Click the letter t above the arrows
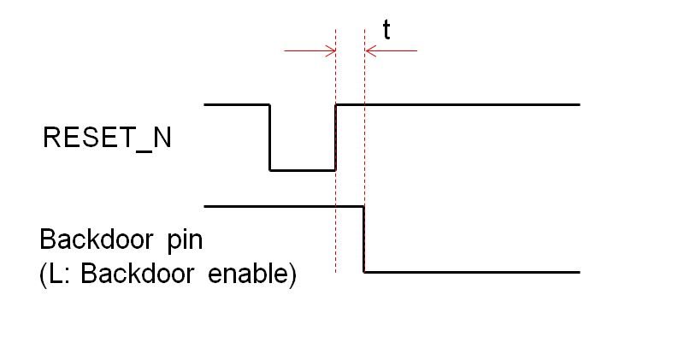point(386,30)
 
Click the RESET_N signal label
point(107,138)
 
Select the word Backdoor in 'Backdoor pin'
point(97,239)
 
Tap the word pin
point(185,241)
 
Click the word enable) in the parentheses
point(252,274)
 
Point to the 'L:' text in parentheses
point(55,274)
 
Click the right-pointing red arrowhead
point(330,50)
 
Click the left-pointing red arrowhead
point(370,50)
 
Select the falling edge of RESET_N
point(269,138)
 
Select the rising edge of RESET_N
point(335,138)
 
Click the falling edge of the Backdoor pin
point(364,239)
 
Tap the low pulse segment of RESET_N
point(303,170)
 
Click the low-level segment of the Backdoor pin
point(472,272)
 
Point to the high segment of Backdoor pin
point(284,206)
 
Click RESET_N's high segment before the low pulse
point(237,104)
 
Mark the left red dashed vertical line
point(335,151)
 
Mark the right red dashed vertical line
point(365,151)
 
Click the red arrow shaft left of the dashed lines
point(310,50)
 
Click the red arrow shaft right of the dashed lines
point(392,50)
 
